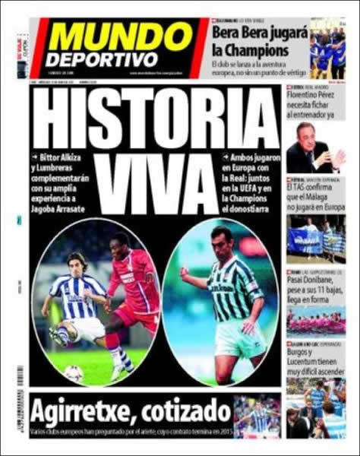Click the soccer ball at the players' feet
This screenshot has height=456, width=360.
[x=74, y=373]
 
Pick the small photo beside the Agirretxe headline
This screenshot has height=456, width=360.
[x=257, y=416]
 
